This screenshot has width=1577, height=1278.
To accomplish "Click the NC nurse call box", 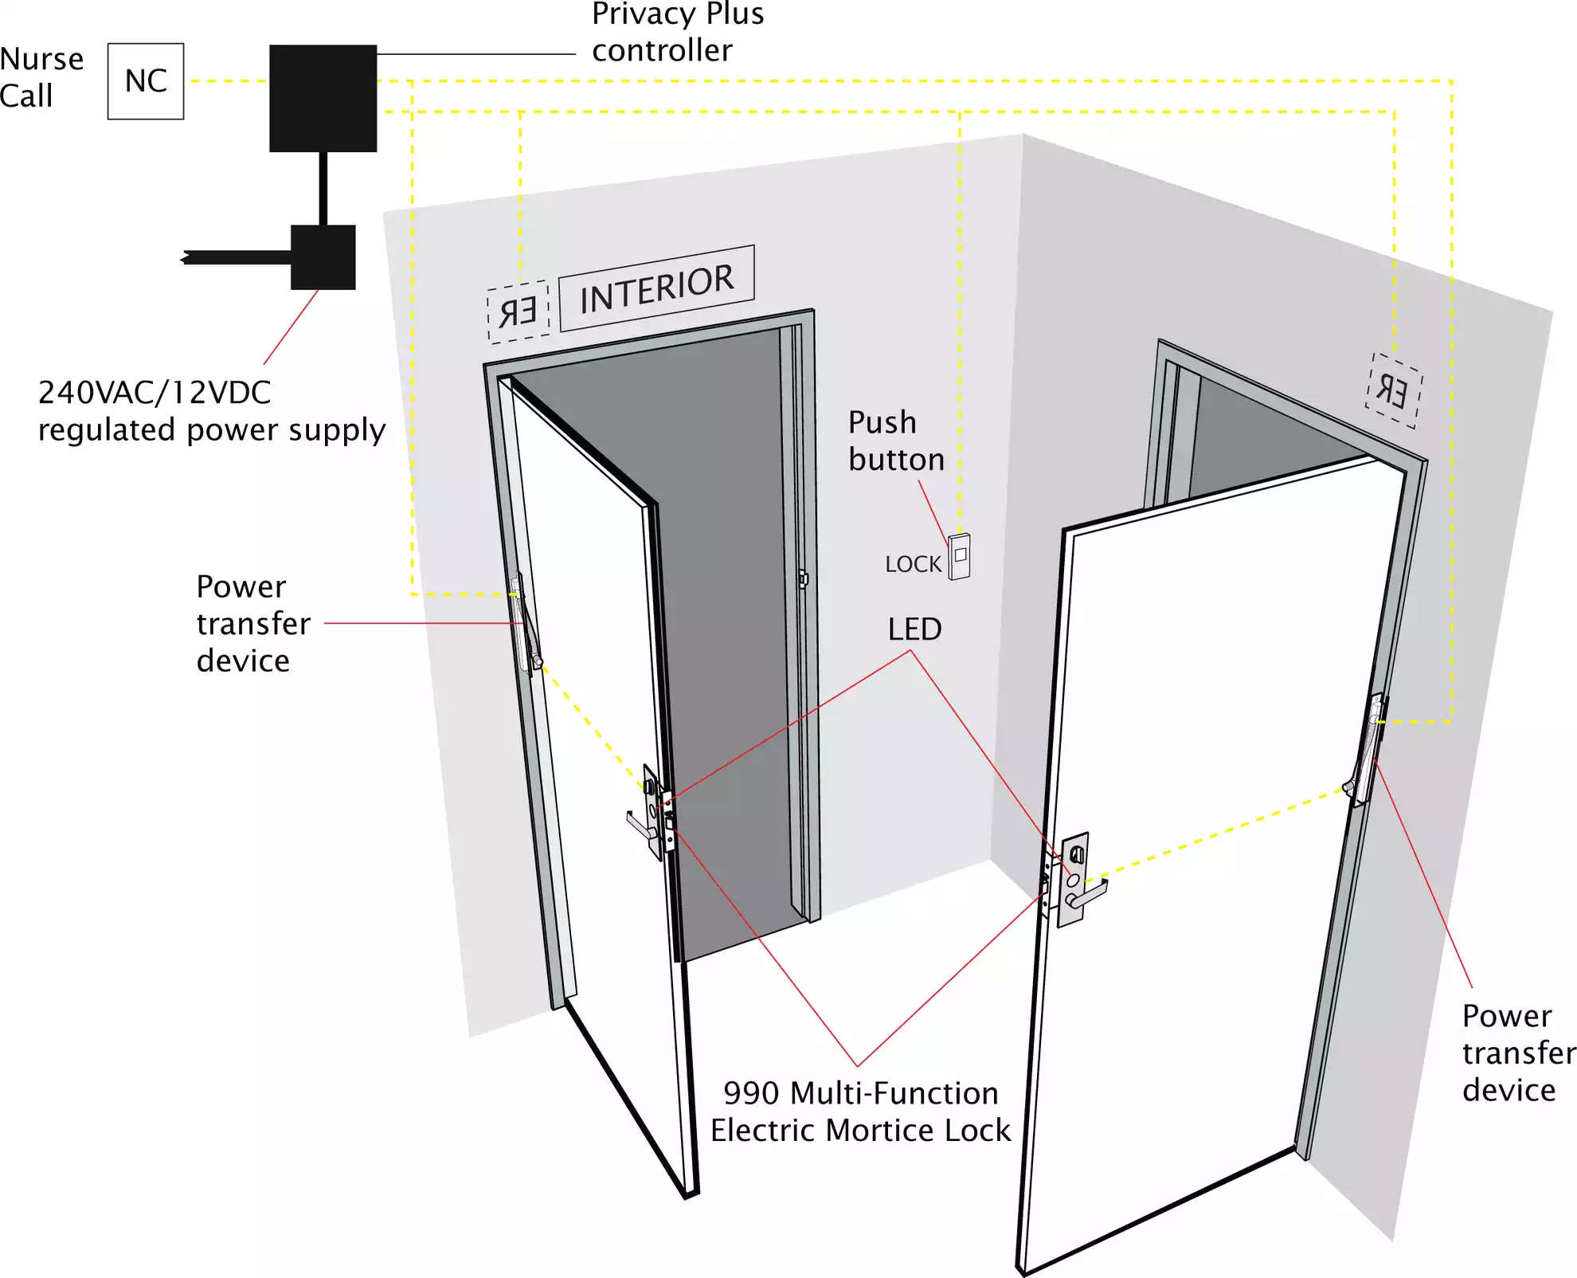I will [x=146, y=81].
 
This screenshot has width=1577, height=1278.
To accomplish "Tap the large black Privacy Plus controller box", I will [x=323, y=98].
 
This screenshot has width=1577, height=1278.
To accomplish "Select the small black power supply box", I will [x=323, y=257].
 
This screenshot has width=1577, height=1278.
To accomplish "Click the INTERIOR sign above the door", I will [x=656, y=288].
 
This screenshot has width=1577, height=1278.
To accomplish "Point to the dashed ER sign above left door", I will [x=518, y=312].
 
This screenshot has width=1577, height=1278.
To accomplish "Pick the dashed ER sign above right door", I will [x=1393, y=391].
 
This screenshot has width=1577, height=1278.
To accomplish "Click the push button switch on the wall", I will [x=960, y=556].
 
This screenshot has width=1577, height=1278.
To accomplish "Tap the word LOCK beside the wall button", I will [x=913, y=564].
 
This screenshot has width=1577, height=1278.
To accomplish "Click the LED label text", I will [x=914, y=629].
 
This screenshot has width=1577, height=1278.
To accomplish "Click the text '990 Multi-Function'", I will [x=860, y=1093].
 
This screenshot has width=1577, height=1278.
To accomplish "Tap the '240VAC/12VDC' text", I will [x=155, y=393].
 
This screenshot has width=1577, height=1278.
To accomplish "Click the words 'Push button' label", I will [x=895, y=441].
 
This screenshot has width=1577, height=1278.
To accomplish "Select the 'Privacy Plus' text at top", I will [x=678, y=14].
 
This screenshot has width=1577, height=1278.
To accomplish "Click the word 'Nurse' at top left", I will [x=41, y=60].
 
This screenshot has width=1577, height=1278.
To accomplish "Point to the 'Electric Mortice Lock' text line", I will [x=860, y=1131].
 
